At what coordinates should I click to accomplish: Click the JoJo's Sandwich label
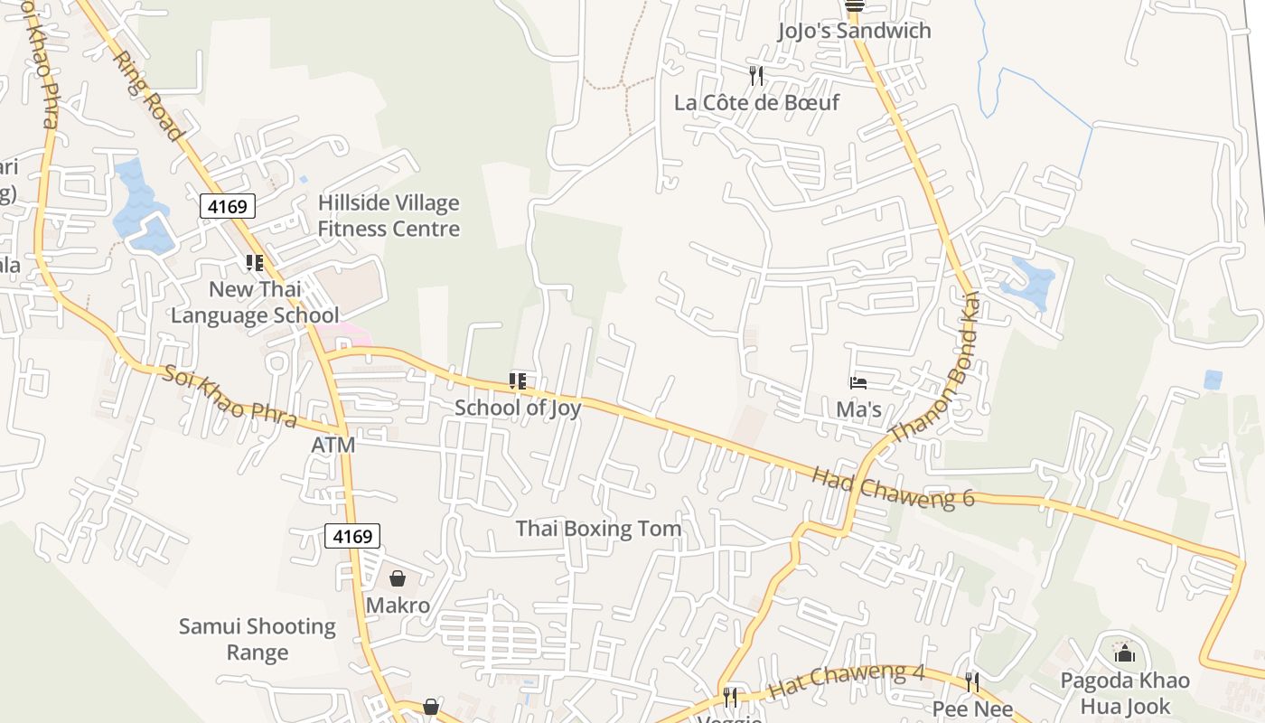tap(854, 31)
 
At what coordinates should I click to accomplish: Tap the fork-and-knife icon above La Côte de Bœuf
tap(756, 76)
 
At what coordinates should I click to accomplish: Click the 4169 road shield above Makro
tap(352, 536)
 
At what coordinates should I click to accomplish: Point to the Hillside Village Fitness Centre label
tap(389, 216)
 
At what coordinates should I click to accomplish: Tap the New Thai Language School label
tap(255, 302)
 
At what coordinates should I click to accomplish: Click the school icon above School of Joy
tap(517, 381)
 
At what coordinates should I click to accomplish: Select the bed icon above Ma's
tap(857, 384)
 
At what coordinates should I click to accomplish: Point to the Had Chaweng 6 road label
tap(893, 487)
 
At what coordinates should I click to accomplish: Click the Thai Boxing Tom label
tap(598, 529)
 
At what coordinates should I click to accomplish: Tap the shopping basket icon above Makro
tap(398, 578)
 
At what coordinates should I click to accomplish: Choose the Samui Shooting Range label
tap(258, 639)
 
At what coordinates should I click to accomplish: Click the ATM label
tap(333, 446)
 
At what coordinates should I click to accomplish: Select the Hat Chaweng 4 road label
tap(847, 681)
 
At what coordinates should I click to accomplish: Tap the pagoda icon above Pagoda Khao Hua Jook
tap(1125, 653)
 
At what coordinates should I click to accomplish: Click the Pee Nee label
tap(972, 709)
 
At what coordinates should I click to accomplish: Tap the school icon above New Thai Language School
tap(254, 263)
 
